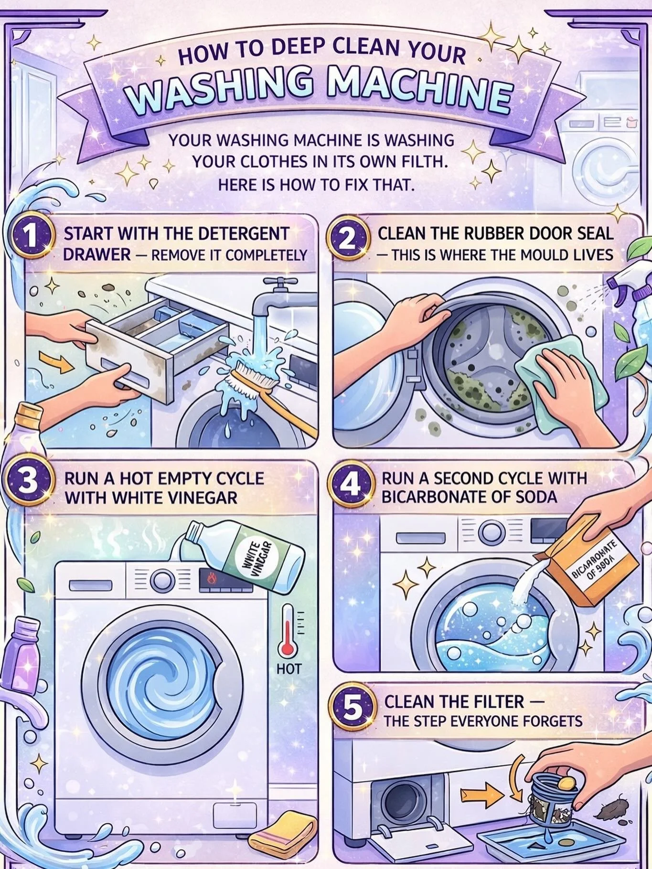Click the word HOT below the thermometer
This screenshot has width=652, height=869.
[289, 669]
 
